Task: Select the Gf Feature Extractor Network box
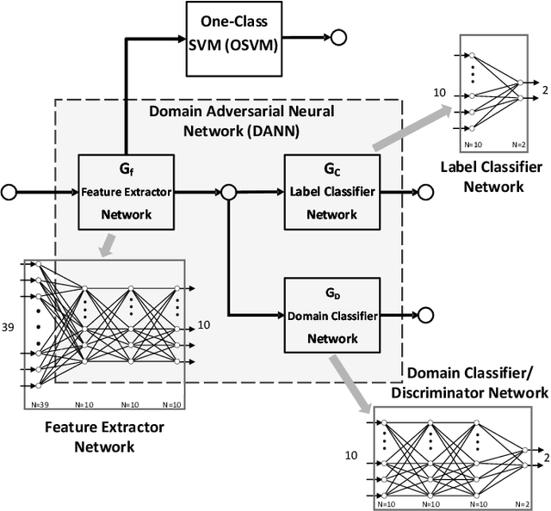126,191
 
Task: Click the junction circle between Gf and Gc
229,192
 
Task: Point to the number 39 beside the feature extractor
9,326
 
